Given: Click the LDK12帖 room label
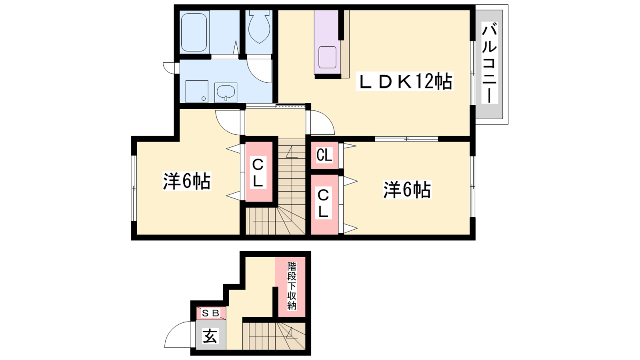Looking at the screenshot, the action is tap(404, 82).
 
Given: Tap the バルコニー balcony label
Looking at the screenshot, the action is tap(490, 63).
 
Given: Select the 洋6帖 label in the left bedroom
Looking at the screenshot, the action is tap(187, 181).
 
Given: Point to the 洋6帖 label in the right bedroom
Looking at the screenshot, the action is tap(407, 190).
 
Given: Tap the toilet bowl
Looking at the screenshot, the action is tap(259, 27).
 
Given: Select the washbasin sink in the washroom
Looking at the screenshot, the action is tap(226, 92).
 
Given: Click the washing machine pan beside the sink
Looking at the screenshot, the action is tap(196, 92).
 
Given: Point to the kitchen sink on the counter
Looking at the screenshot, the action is tap(327, 57).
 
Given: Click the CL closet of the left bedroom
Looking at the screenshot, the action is tap(258, 172).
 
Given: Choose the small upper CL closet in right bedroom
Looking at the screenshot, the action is tap(324, 156).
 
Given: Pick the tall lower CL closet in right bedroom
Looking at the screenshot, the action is tap(324, 204).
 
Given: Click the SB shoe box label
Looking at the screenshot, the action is tap(210, 314).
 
